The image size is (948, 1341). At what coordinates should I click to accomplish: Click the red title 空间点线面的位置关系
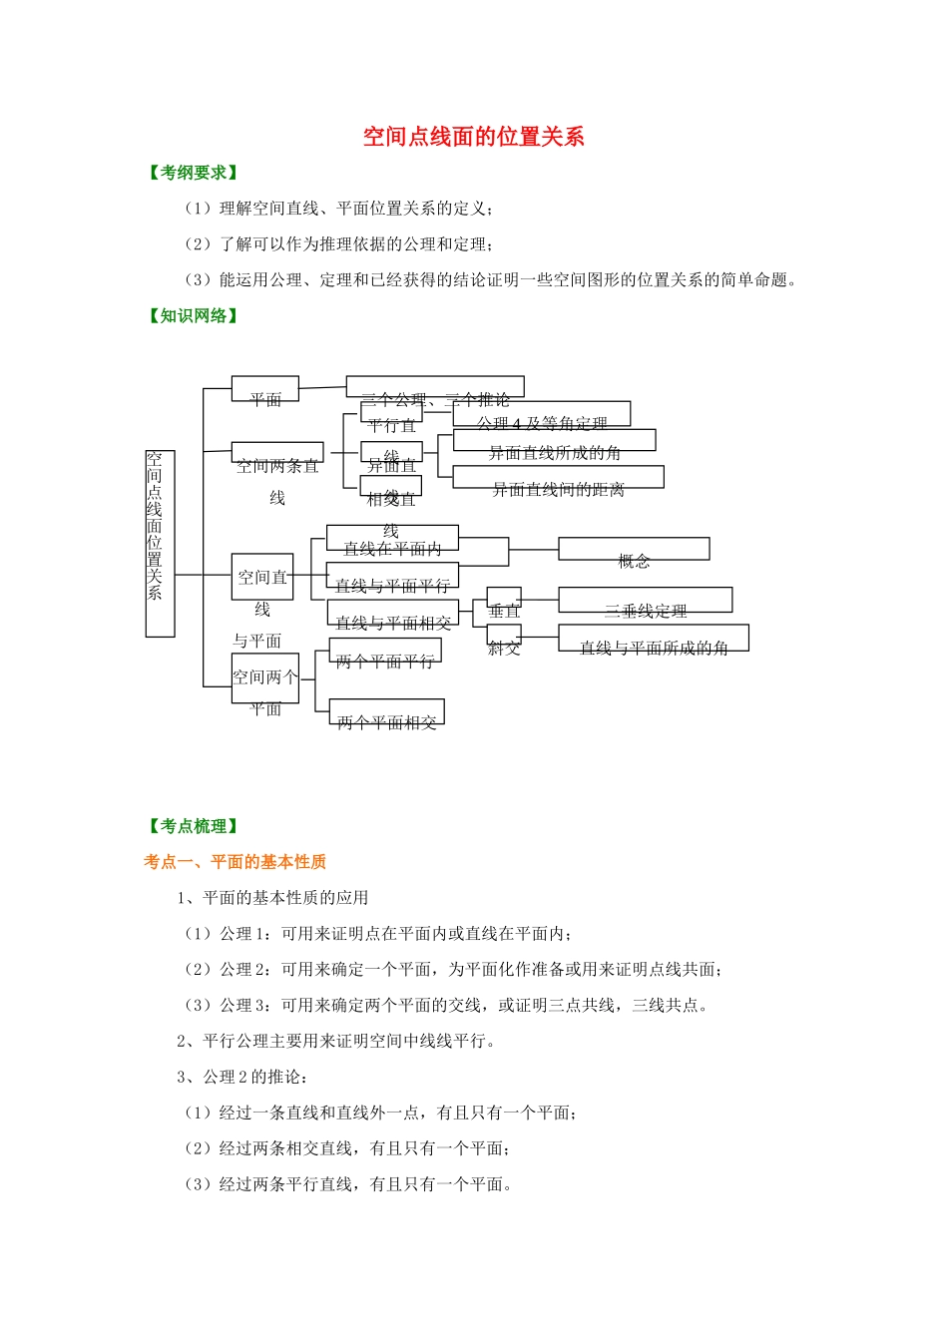(x=473, y=137)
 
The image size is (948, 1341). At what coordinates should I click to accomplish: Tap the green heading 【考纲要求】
(x=194, y=173)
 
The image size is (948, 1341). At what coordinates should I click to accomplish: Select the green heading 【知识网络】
(x=194, y=316)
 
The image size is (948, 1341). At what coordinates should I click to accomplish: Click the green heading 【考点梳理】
(x=194, y=826)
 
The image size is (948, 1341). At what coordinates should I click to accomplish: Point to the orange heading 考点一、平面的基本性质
(x=235, y=862)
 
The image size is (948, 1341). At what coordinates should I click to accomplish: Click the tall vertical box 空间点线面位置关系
(x=160, y=543)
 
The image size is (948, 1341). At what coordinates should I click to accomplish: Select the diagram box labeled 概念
(x=634, y=550)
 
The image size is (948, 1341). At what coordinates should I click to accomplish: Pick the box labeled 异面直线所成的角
(x=554, y=441)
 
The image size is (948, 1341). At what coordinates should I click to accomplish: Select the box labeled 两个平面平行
(x=385, y=651)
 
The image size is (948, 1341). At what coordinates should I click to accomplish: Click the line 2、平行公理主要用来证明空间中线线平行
(x=336, y=1042)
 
